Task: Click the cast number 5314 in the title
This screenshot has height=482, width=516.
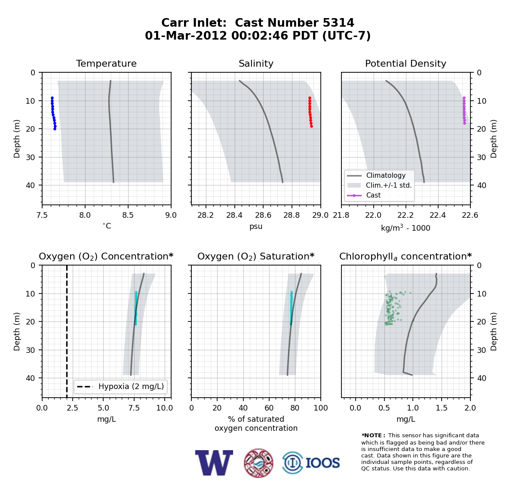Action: (338, 23)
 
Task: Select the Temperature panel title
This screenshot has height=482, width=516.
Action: (106, 63)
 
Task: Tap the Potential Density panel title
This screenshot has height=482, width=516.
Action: (405, 63)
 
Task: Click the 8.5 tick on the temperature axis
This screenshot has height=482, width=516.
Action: (128, 215)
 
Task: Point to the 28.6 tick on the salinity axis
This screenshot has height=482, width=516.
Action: (263, 215)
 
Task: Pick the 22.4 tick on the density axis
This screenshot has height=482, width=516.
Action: (438, 215)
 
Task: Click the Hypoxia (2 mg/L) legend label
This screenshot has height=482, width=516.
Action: (131, 386)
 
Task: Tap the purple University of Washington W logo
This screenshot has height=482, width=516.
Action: (214, 463)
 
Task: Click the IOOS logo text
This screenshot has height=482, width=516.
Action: (322, 463)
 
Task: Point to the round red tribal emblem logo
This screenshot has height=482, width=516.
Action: (258, 463)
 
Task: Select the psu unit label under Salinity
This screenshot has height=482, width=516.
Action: (256, 226)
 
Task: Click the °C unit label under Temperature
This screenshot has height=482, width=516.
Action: (107, 226)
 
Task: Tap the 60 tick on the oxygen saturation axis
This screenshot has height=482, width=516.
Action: (269, 408)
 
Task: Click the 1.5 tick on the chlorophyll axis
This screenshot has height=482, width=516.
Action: (442, 408)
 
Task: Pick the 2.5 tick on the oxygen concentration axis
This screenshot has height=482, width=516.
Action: (73, 408)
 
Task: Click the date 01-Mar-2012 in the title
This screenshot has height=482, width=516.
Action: (186, 36)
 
